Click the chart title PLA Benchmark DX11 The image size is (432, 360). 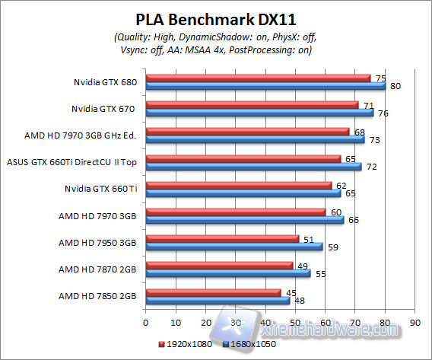(x=215, y=18)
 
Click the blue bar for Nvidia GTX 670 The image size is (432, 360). (x=259, y=113)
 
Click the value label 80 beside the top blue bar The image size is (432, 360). (x=395, y=86)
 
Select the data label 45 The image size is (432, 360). (x=290, y=291)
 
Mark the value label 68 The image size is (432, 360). (x=358, y=131)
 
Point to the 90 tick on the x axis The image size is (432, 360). (x=414, y=321)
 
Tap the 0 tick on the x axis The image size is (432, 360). (x=145, y=321)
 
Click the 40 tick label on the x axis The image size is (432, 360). (x=265, y=321)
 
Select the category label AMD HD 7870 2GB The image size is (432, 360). (x=97, y=269)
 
